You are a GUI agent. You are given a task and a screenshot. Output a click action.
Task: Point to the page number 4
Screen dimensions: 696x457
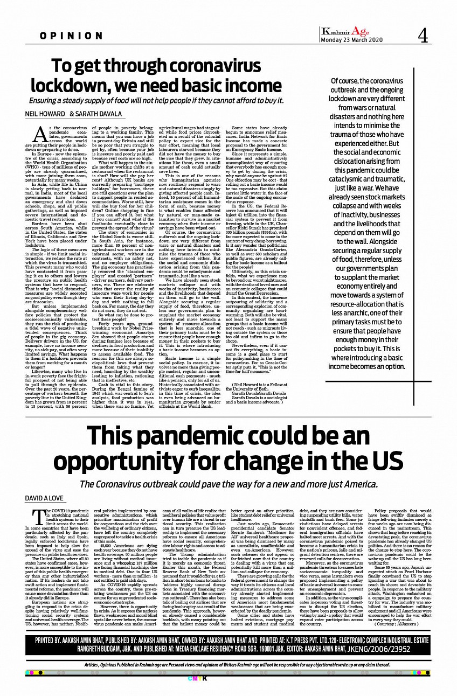pos(423,36)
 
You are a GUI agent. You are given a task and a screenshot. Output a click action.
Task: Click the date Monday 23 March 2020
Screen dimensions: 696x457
pos(352,40)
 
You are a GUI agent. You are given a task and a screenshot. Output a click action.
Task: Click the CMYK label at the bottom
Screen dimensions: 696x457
pos(229,677)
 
